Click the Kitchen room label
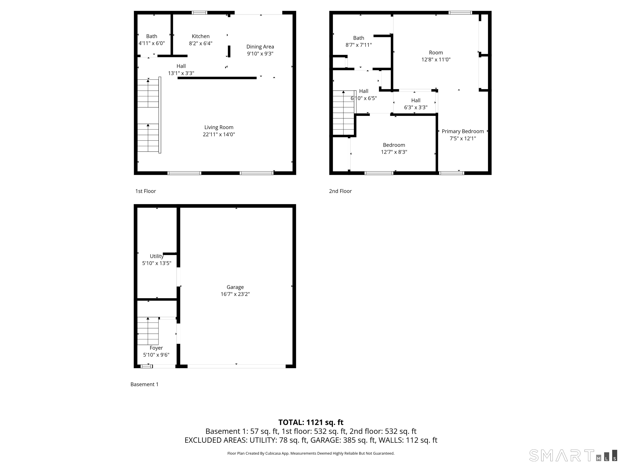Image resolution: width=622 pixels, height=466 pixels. pos(200,36)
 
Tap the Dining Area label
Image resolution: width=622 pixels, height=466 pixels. pos(260,47)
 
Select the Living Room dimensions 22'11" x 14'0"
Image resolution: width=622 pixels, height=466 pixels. pos(219,134)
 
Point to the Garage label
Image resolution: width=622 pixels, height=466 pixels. pos(235,287)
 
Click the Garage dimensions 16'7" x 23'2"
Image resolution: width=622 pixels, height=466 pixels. pos(235,294)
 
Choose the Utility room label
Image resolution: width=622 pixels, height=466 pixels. pos(157,256)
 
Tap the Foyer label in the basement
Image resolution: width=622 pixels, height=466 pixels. pos(156,348)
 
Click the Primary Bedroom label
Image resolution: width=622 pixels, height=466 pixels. pos(463,131)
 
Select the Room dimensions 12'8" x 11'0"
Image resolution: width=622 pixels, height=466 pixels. pos(436,59)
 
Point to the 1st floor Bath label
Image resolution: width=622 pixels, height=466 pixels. pos(152,36)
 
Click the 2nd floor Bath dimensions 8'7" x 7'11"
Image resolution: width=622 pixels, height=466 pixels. pos(359,45)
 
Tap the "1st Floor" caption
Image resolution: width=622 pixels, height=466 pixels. pos(145,191)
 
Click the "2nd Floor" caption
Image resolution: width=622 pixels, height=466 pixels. pos(340,191)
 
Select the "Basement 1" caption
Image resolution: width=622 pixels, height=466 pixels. pos(145,384)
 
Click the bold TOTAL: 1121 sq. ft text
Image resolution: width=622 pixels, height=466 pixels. pos(311,422)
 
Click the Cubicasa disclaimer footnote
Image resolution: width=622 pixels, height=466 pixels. pos(311,453)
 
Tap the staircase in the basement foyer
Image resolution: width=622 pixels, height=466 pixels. pos(148,331)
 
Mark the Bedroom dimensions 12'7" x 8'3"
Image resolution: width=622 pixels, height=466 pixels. pos(394,152)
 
